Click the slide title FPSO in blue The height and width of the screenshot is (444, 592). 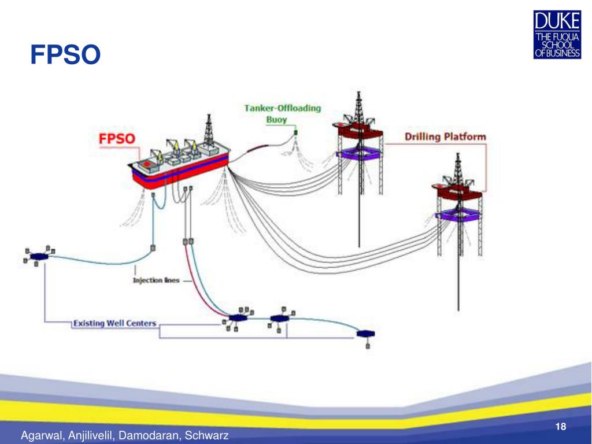(65, 55)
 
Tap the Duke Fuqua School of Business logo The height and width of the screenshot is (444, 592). (557, 36)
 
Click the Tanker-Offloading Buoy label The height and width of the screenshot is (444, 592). (282, 114)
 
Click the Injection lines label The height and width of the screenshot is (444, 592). (156, 280)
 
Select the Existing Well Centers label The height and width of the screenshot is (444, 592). (114, 323)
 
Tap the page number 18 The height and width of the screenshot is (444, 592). (559, 427)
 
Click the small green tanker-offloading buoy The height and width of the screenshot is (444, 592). (296, 134)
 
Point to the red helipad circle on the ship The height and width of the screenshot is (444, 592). (147, 164)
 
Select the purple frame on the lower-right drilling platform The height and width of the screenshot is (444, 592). (458, 215)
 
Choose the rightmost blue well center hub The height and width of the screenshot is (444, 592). (365, 334)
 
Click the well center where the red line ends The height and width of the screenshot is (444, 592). (238, 318)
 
